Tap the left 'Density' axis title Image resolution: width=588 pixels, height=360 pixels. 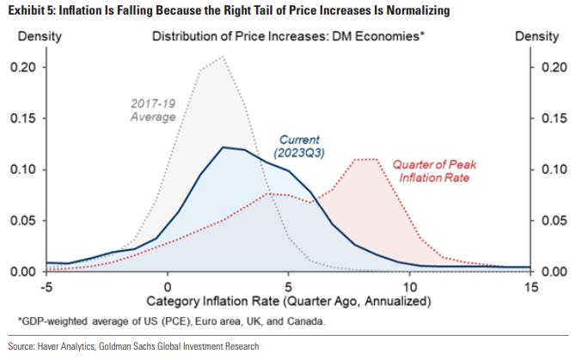(29, 37)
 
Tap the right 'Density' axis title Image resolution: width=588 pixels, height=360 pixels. (536, 37)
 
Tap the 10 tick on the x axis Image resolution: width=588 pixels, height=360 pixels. (409, 286)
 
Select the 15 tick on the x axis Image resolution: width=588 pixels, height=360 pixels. (530, 286)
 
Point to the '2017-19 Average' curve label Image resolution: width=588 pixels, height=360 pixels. (153, 110)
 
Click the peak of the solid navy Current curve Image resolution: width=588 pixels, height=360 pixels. (224, 148)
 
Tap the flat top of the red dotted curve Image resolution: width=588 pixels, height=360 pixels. (366, 159)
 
